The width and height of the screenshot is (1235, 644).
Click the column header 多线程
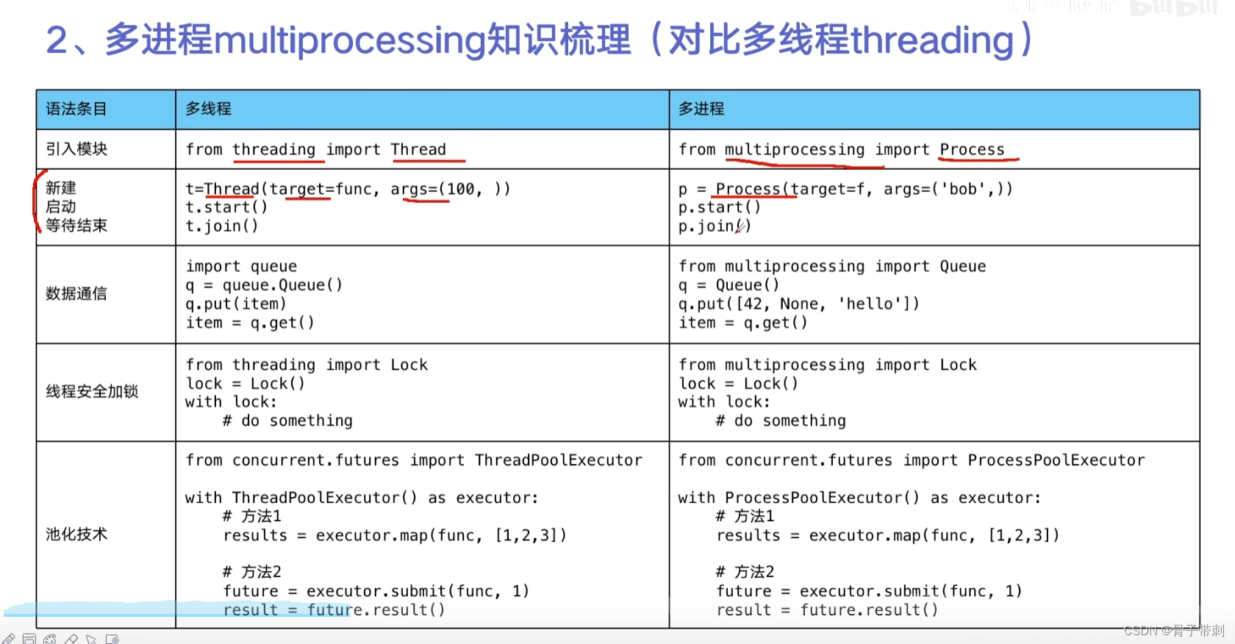(208, 109)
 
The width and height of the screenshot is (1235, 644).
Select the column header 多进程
(701, 109)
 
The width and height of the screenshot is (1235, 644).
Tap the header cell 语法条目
(76, 109)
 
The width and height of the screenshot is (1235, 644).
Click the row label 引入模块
(76, 149)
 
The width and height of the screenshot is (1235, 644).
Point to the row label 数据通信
(76, 294)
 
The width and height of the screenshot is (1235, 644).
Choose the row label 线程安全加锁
(92, 392)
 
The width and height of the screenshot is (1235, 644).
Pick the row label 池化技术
(76, 534)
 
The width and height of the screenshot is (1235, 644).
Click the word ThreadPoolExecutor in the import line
(559, 460)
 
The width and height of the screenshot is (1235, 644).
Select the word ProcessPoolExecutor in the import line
(1056, 460)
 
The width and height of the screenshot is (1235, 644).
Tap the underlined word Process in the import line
(972, 150)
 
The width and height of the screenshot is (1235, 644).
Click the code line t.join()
(222, 226)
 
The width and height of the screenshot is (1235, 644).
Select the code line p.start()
(720, 207)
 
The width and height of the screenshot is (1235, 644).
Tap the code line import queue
(241, 266)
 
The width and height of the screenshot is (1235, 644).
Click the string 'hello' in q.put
(870, 304)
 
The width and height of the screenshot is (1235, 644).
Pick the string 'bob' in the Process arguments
(963, 190)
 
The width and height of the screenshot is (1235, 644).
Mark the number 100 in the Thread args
(461, 190)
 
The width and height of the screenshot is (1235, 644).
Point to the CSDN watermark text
(1173, 631)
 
